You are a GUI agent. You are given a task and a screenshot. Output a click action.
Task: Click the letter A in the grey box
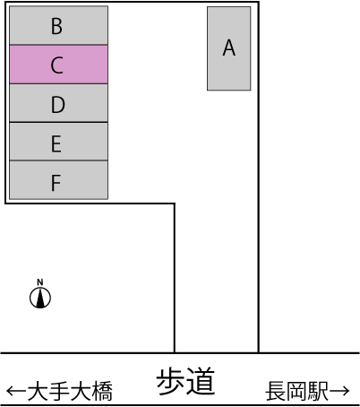229,48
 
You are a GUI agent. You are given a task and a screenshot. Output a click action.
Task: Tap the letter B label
56,26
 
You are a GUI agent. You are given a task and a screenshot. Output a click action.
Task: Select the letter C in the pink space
57,65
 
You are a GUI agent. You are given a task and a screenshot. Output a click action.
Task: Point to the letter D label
58,105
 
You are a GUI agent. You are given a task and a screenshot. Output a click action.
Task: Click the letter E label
56,143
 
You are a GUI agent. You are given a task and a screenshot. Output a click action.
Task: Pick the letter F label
56,183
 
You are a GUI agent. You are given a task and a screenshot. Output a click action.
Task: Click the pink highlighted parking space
58,65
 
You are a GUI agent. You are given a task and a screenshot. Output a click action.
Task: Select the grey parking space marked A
229,48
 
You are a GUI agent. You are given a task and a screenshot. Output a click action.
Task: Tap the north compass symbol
40,298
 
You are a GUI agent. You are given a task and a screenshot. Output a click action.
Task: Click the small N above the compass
40,282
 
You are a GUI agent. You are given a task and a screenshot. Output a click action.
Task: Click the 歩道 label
185,382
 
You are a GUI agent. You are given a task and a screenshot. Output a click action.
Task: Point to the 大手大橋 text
70,391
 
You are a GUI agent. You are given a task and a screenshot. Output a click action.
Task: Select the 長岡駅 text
296,391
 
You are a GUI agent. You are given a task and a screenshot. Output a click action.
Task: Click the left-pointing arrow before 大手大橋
16,391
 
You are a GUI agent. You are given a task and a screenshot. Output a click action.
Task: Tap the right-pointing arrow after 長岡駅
339,391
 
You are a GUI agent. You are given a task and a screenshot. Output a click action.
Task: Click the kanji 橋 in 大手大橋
102,391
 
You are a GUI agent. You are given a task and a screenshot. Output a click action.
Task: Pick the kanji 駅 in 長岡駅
318,391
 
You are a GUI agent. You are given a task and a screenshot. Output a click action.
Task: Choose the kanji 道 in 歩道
201,382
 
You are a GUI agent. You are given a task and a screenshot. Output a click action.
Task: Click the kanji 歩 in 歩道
171,382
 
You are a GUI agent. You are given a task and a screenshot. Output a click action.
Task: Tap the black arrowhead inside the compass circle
40,299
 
